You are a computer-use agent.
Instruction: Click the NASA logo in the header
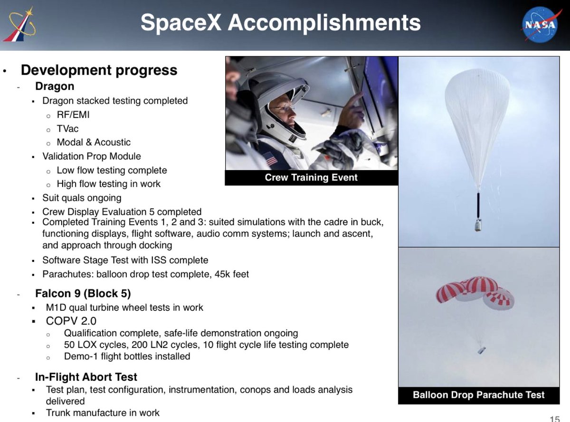541,25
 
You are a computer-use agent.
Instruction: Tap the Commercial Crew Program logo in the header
19,24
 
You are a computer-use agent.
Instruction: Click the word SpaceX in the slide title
180,22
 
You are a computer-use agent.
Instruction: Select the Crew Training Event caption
311,177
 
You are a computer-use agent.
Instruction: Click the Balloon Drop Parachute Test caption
478,395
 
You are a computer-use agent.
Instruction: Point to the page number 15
555,419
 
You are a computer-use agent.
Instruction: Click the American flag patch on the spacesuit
270,159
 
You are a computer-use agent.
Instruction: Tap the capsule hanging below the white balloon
478,225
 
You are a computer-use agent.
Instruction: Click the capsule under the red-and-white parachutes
481,350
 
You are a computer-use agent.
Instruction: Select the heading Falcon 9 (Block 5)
83,293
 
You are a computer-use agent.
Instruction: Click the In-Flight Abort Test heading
86,377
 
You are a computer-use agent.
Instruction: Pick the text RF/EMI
73,115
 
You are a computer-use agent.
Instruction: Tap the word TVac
67,129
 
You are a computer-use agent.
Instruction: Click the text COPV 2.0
71,321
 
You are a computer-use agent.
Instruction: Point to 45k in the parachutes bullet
222,274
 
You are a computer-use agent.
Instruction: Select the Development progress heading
99,70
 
